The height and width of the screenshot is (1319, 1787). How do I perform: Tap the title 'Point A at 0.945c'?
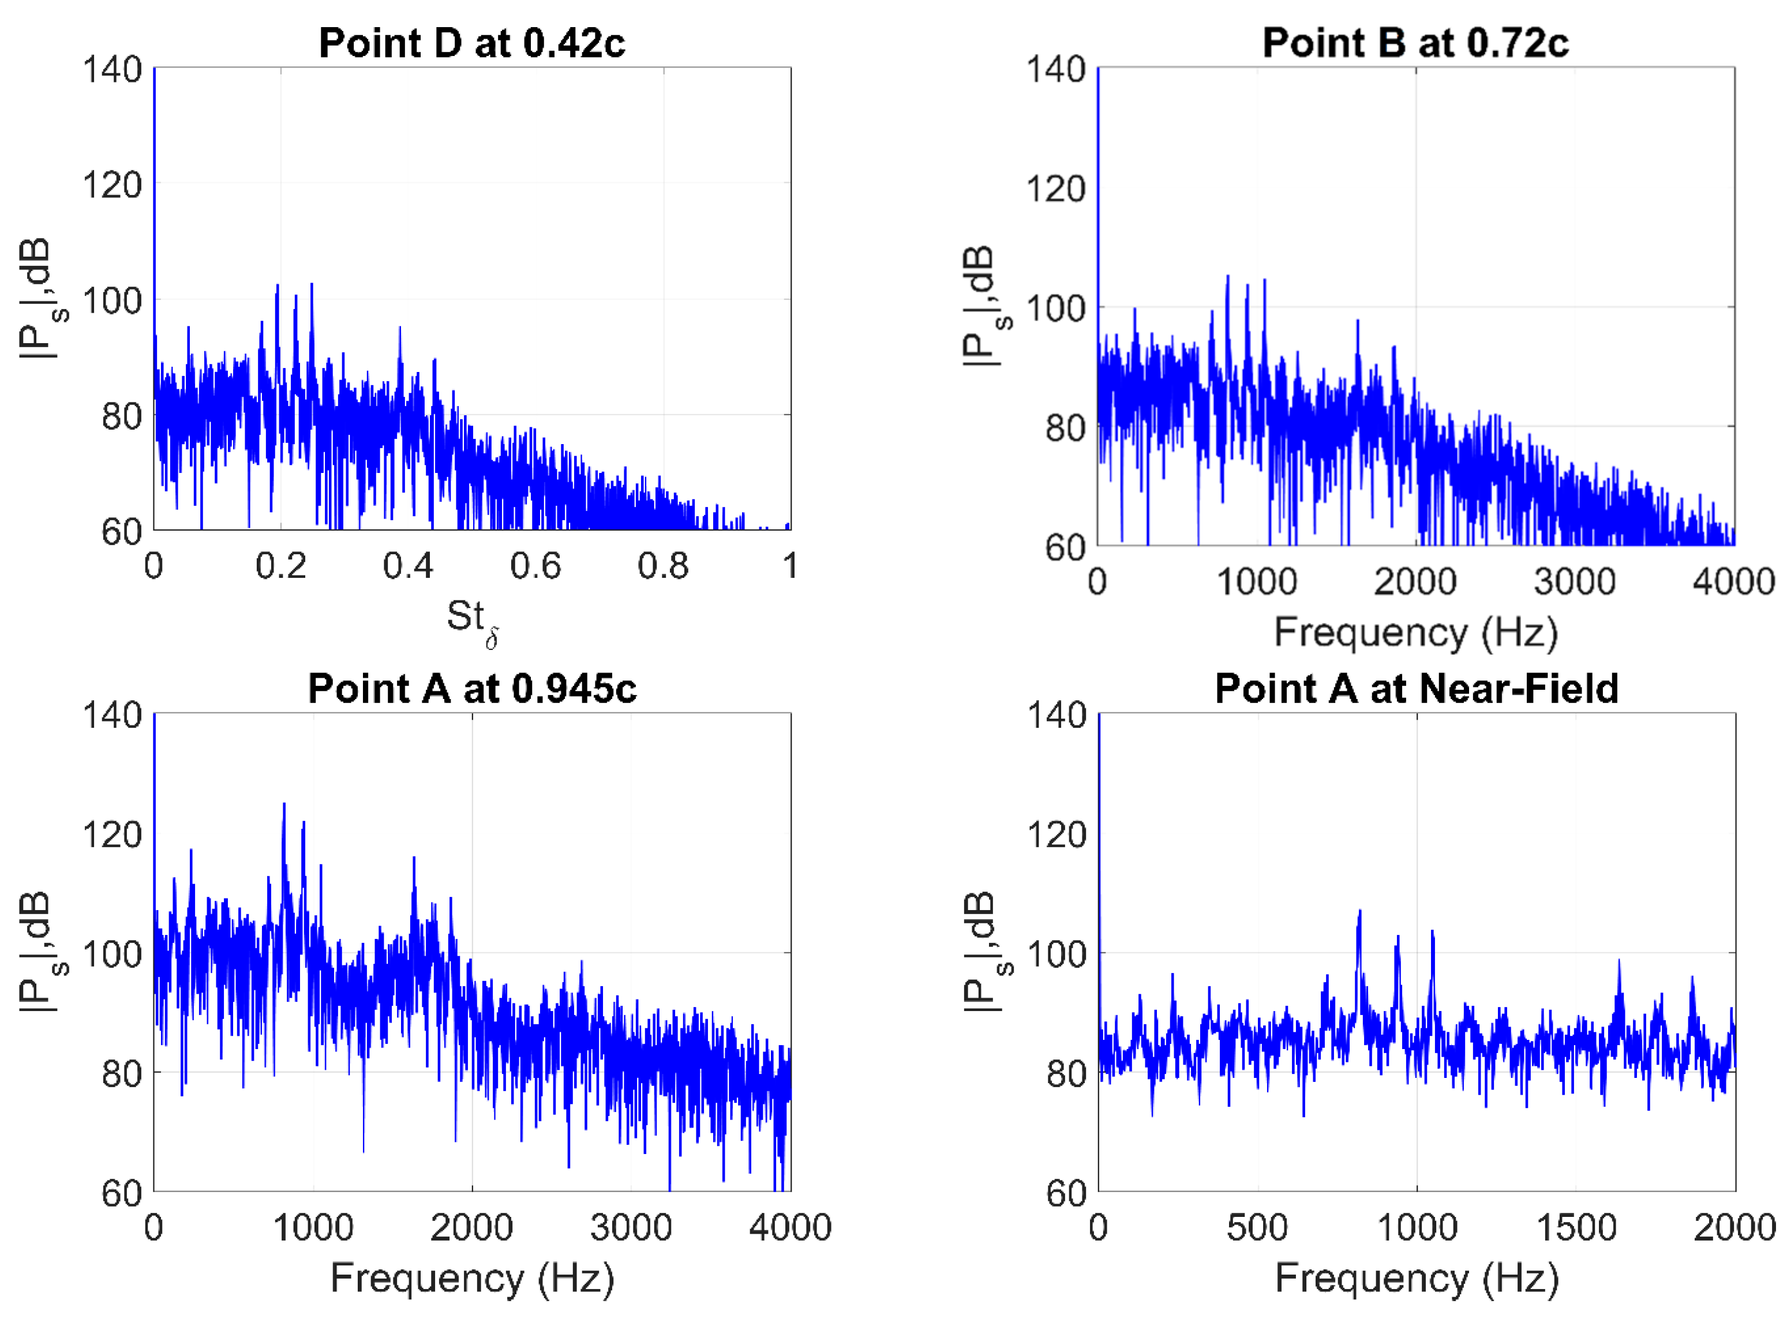[471, 688]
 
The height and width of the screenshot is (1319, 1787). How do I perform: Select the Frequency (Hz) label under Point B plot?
[1415, 632]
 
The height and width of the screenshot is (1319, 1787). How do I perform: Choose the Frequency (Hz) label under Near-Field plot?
[1417, 1277]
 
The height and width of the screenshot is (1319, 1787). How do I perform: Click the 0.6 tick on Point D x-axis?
[535, 566]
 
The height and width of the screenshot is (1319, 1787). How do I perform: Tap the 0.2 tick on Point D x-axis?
[280, 566]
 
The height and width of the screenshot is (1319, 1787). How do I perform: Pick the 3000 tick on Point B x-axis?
[1574, 582]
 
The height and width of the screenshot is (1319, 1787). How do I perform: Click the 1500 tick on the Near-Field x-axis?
[1576, 1227]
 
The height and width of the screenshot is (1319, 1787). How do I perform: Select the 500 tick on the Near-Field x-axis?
[1257, 1227]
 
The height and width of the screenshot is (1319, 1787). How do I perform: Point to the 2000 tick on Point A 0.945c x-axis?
[471, 1227]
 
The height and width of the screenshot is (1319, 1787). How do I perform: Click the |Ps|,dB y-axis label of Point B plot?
[984, 307]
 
